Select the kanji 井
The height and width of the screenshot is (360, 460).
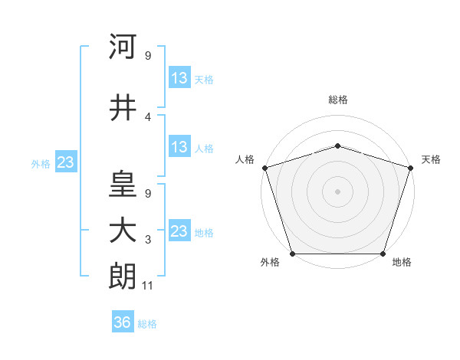click(x=123, y=108)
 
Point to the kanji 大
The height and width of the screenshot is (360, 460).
click(x=123, y=231)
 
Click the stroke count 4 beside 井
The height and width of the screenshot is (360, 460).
click(x=148, y=116)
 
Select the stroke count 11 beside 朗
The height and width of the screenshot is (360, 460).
click(x=148, y=286)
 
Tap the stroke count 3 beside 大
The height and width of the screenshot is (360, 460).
click(x=148, y=240)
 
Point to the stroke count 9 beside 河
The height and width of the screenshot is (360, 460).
click(x=148, y=55)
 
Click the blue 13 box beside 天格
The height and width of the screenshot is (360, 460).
click(x=179, y=78)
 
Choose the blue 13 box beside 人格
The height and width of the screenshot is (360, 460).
click(x=179, y=147)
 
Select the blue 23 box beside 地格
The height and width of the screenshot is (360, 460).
click(x=179, y=231)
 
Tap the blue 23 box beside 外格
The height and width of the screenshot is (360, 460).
click(x=65, y=162)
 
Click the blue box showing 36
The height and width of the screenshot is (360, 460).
click(x=123, y=322)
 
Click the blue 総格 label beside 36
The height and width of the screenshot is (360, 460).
click(x=147, y=324)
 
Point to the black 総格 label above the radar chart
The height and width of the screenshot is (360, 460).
click(x=337, y=100)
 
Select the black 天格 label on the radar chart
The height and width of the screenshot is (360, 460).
click(x=431, y=159)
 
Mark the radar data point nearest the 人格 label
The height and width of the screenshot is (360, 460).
click(x=264, y=168)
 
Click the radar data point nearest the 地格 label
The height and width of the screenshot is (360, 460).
click(x=383, y=254)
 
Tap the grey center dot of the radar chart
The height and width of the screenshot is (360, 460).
click(x=337, y=191)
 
